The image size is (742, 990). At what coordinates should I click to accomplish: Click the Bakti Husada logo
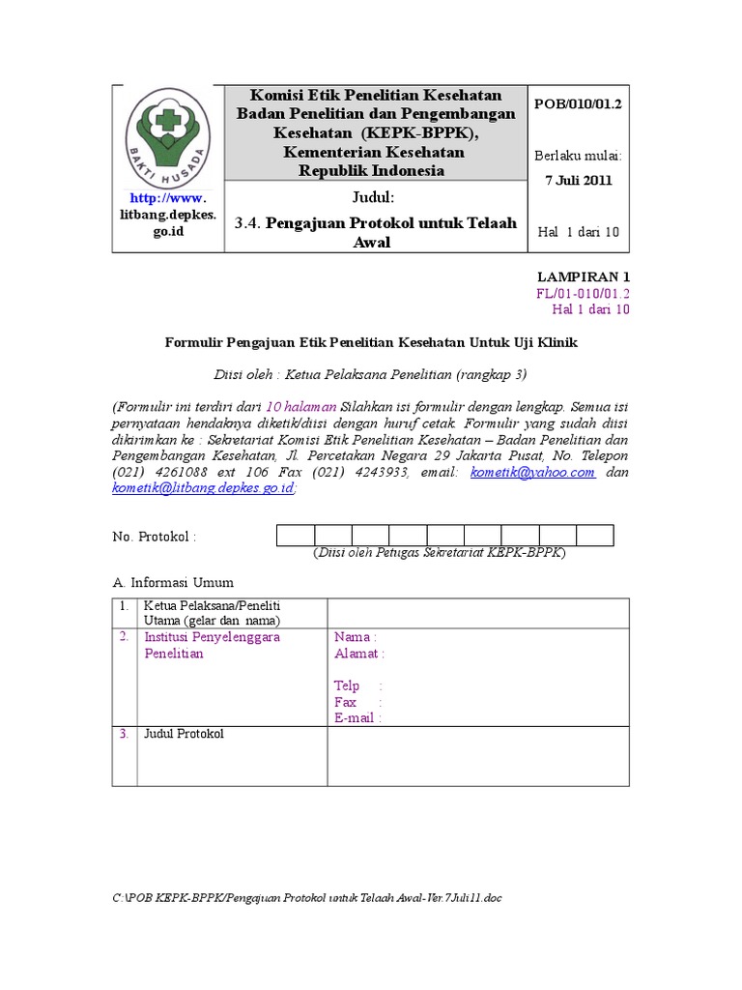pos(168,134)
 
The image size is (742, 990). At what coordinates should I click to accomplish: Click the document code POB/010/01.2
pos(578,104)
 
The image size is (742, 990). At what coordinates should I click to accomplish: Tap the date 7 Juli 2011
pos(578,180)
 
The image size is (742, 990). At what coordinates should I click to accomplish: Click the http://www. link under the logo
pos(167,198)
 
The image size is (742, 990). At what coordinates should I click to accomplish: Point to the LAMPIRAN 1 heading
pos(584,277)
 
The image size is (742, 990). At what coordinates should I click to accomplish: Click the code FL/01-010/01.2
pos(583,293)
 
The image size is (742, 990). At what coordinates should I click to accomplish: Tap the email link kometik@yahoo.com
pos(532,473)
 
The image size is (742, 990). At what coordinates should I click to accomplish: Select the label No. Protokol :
pos(155,537)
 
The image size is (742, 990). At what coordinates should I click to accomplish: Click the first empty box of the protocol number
pos(296,536)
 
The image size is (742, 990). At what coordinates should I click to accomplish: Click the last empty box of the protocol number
pos(595,536)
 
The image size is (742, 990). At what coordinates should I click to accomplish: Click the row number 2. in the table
pos(124,637)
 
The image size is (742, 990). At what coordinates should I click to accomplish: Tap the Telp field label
pos(347,685)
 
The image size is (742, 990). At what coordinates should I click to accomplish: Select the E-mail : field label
pos(357,718)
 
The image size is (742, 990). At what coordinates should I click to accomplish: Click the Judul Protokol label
pos(184,734)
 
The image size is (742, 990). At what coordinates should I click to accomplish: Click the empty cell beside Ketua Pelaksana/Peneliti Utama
pos(477,612)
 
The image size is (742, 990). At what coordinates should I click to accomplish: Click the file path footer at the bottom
pos(307,898)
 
